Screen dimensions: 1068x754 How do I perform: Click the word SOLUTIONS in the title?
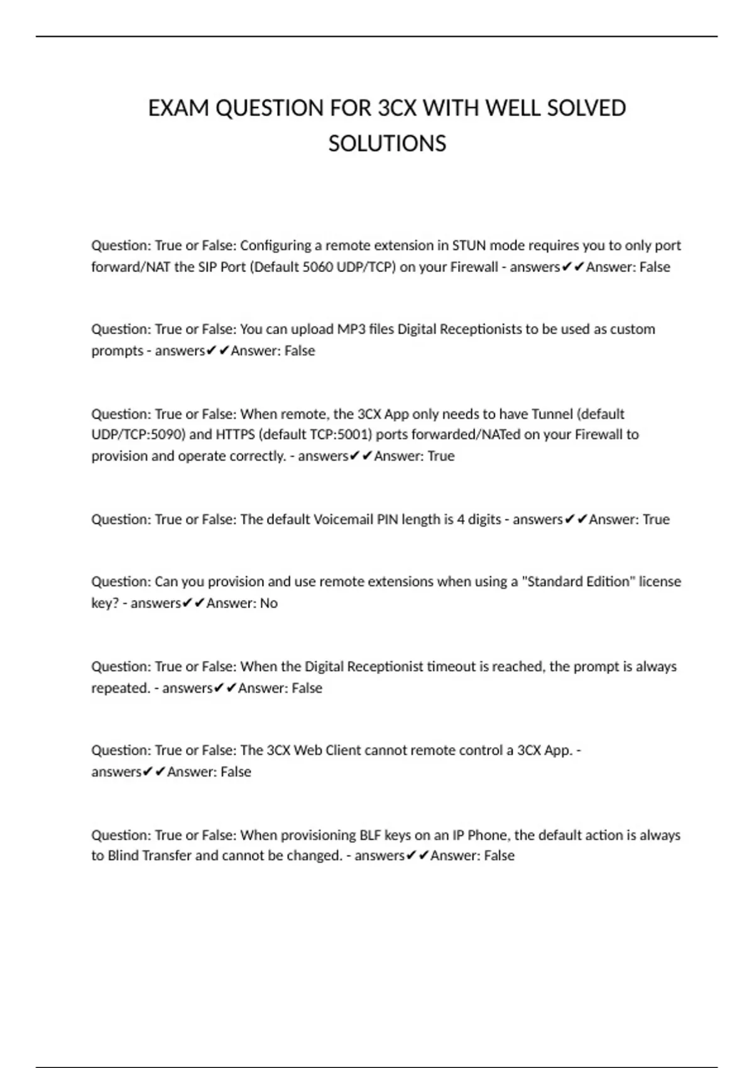tap(387, 144)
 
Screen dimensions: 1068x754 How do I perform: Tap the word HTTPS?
tap(235, 435)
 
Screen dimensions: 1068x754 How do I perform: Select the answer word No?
tap(268, 603)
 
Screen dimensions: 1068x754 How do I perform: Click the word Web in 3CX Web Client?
tap(308, 750)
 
